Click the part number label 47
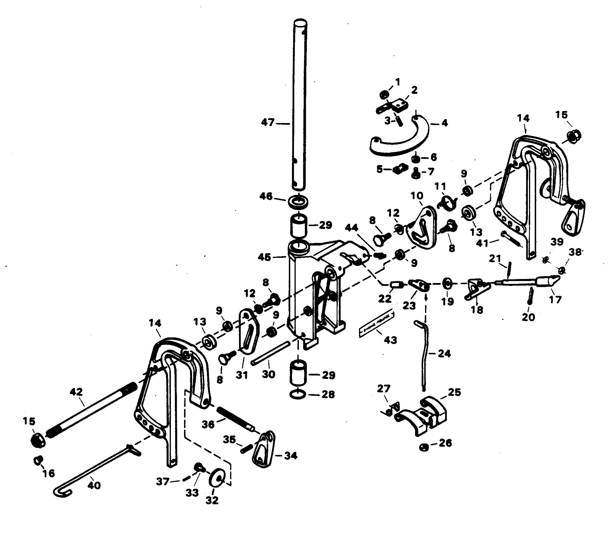[268, 122]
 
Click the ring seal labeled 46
[298, 201]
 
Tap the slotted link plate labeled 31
[248, 331]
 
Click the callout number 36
[208, 424]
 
